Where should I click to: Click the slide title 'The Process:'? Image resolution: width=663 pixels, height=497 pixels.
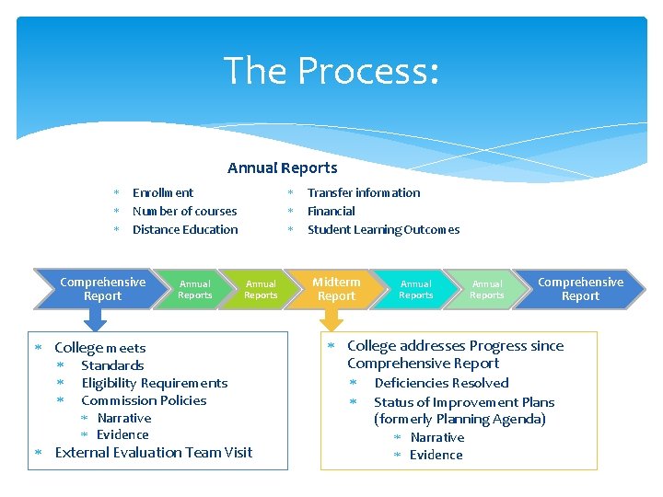pyautogui.click(x=331, y=71)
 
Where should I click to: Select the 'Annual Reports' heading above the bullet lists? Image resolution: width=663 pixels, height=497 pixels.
pyautogui.click(x=282, y=168)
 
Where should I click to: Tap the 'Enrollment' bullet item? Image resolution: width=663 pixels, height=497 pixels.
pyautogui.click(x=163, y=192)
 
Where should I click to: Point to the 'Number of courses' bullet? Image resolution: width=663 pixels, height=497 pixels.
pyautogui.click(x=184, y=211)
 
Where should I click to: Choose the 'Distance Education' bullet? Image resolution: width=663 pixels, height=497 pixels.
pyautogui.click(x=185, y=229)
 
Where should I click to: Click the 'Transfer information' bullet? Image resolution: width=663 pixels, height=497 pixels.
pyautogui.click(x=363, y=192)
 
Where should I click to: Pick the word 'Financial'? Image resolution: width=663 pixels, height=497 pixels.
pyautogui.click(x=331, y=211)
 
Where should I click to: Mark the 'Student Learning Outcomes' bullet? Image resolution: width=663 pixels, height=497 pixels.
pyautogui.click(x=383, y=229)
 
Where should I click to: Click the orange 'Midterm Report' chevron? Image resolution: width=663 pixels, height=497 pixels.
pyautogui.click(x=337, y=289)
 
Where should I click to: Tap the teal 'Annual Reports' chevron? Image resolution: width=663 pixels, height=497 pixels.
pyautogui.click(x=415, y=289)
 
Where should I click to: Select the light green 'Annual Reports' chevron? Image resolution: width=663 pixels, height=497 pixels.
pyautogui.click(x=487, y=289)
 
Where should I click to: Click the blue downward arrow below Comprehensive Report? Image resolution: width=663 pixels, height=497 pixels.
pyautogui.click(x=96, y=318)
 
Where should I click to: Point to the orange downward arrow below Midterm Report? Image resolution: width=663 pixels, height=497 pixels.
pyautogui.click(x=330, y=318)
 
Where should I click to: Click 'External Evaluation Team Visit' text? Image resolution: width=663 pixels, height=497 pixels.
pyautogui.click(x=154, y=452)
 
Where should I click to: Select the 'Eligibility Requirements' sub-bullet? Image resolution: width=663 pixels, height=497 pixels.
pyautogui.click(x=154, y=383)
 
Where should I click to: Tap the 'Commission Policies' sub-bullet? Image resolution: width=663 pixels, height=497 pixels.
pyautogui.click(x=144, y=400)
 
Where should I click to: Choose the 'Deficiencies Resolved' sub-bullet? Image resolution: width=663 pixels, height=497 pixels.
pyautogui.click(x=441, y=383)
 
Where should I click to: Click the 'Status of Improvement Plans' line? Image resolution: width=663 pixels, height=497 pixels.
pyautogui.click(x=464, y=402)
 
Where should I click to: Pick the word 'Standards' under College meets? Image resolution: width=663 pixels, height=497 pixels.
pyautogui.click(x=112, y=365)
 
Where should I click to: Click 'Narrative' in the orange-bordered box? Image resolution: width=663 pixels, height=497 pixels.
pyautogui.click(x=436, y=437)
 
